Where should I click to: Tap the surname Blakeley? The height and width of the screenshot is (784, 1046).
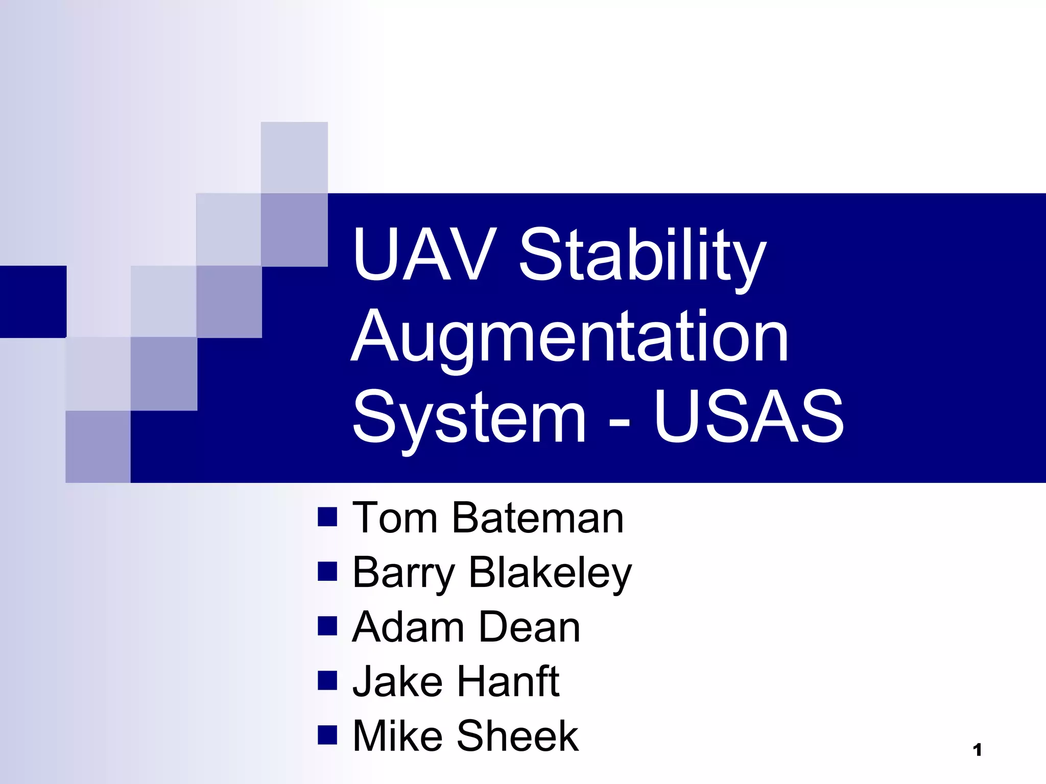550,573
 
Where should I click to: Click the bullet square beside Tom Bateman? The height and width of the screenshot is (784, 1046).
327,517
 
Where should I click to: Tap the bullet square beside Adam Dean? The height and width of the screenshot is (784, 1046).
327,626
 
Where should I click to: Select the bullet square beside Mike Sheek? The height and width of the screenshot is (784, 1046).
327,735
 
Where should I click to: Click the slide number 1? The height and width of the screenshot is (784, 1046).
978,750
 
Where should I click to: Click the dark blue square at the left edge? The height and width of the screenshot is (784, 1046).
33,302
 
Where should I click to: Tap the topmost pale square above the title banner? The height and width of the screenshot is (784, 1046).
294,157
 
